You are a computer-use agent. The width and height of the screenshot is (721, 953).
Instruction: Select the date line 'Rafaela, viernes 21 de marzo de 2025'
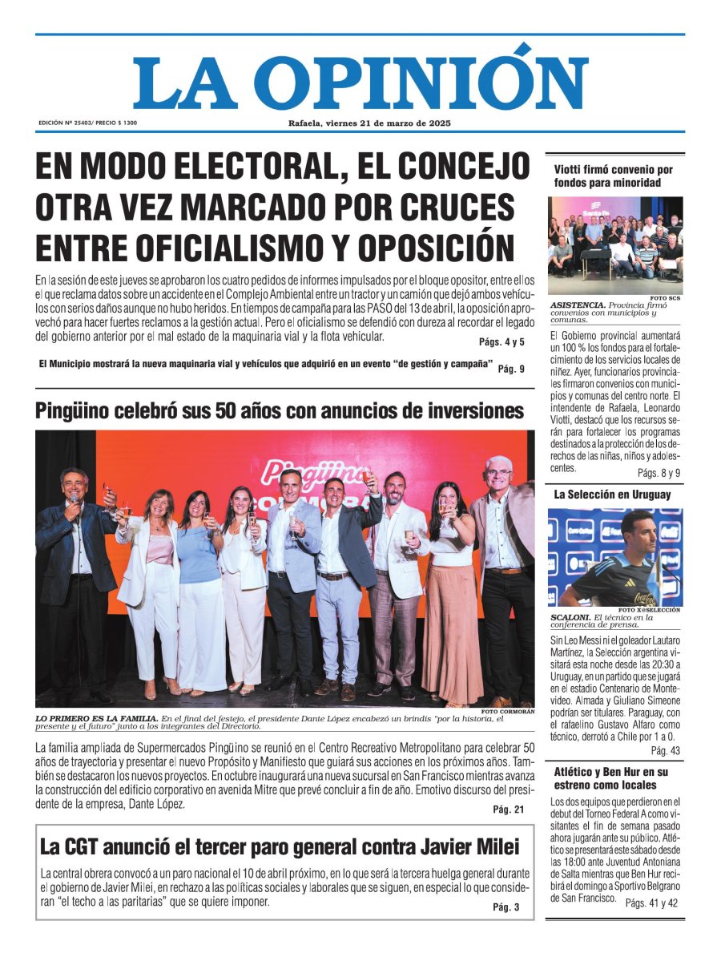(369, 123)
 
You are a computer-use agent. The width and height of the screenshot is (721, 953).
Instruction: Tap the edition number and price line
(87, 123)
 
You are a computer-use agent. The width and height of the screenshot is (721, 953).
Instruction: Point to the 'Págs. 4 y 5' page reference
(501, 342)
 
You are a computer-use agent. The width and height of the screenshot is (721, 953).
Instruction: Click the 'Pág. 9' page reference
(511, 369)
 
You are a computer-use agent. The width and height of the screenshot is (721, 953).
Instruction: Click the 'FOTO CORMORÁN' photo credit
(508, 712)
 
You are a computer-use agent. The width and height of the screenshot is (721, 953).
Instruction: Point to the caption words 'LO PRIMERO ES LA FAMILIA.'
(96, 718)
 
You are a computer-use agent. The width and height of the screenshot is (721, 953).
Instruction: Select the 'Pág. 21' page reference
(509, 810)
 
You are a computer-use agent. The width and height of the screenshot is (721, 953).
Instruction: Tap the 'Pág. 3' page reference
(506, 907)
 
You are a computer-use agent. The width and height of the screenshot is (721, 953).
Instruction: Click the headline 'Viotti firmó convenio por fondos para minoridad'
(613, 176)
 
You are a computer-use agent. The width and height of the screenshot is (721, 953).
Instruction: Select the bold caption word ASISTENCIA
(576, 305)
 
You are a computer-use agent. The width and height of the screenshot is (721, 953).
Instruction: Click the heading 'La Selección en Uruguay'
(612, 495)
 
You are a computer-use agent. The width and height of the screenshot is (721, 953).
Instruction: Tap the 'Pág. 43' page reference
(665, 750)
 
